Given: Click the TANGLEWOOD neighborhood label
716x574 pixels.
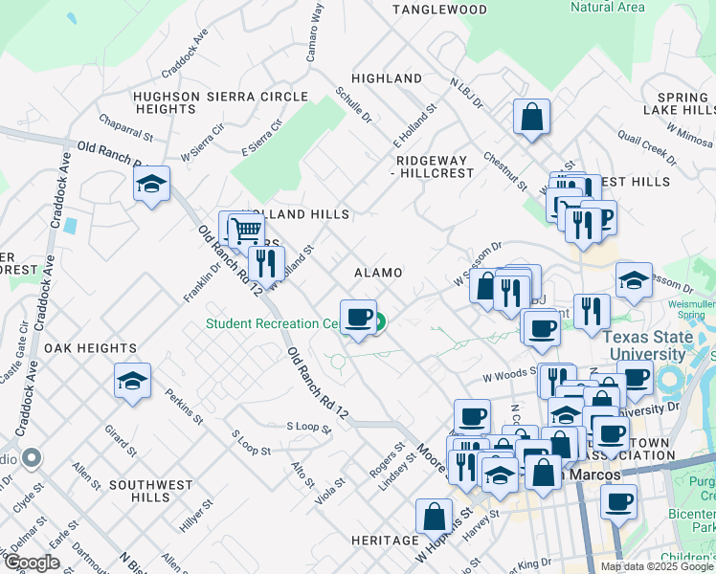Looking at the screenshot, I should [x=440, y=10].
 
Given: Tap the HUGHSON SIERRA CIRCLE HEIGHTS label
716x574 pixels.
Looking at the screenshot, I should [x=221, y=102].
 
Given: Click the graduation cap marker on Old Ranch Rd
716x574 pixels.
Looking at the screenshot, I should [x=151, y=184].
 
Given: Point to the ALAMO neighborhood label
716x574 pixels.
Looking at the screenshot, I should [x=378, y=273].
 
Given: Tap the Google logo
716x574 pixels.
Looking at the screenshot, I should [x=31, y=562].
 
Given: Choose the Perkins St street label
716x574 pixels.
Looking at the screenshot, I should [x=184, y=407].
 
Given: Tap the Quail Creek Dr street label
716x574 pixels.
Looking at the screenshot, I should [x=641, y=143].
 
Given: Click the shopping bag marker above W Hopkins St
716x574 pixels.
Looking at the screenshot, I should [x=434, y=517].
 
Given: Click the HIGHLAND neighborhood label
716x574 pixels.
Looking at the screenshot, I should [x=387, y=78].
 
